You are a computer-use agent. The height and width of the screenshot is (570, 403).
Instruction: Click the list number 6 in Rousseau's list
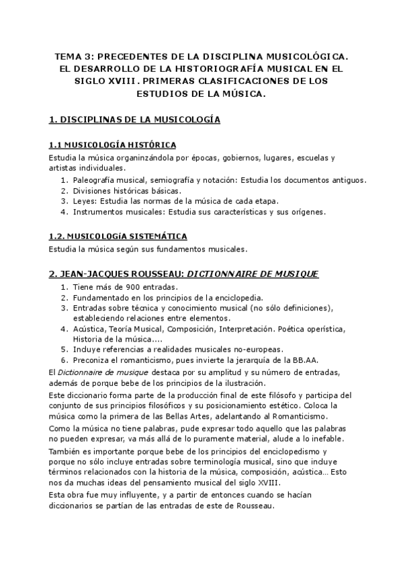pos(64,360)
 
